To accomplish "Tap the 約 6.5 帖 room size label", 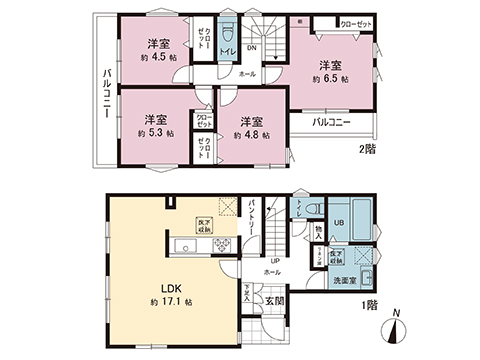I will click(329, 77).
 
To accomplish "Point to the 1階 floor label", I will click(369, 307).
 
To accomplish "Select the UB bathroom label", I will click(338, 221).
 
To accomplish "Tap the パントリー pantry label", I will click(252, 218).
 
